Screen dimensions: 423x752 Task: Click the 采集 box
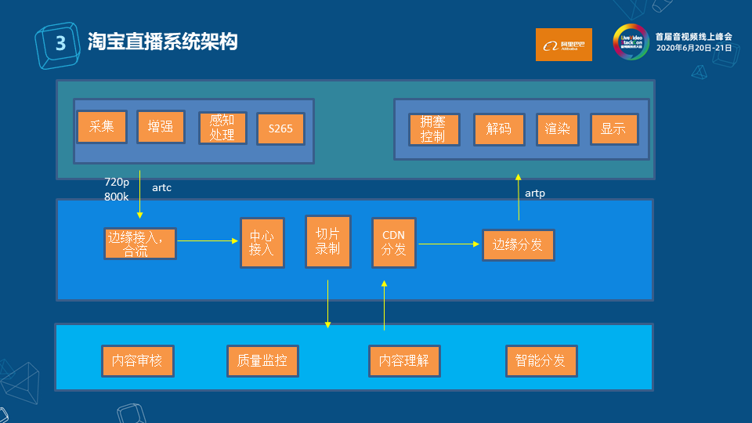102,127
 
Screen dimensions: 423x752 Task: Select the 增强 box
161,127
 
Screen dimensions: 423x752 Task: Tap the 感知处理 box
222,128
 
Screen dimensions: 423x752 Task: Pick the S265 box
280,128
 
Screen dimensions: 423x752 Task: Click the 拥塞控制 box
434,129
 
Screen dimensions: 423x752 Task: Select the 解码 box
499,129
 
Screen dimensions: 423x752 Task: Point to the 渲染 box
558,129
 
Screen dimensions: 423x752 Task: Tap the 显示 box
613,129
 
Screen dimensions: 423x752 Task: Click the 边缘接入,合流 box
139,244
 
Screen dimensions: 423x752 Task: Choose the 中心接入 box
262,243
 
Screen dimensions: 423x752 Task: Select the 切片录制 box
327,241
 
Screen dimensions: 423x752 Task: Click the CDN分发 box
393,242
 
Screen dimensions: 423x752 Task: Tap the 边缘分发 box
518,244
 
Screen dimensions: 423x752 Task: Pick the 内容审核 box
137,361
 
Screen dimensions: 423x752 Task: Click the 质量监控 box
262,361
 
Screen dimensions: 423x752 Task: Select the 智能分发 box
540,361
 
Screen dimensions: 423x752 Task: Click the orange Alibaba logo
563,45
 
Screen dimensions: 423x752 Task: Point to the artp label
535,193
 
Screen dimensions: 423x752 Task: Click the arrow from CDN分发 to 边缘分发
449,244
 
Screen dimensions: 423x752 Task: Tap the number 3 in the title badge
59,43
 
